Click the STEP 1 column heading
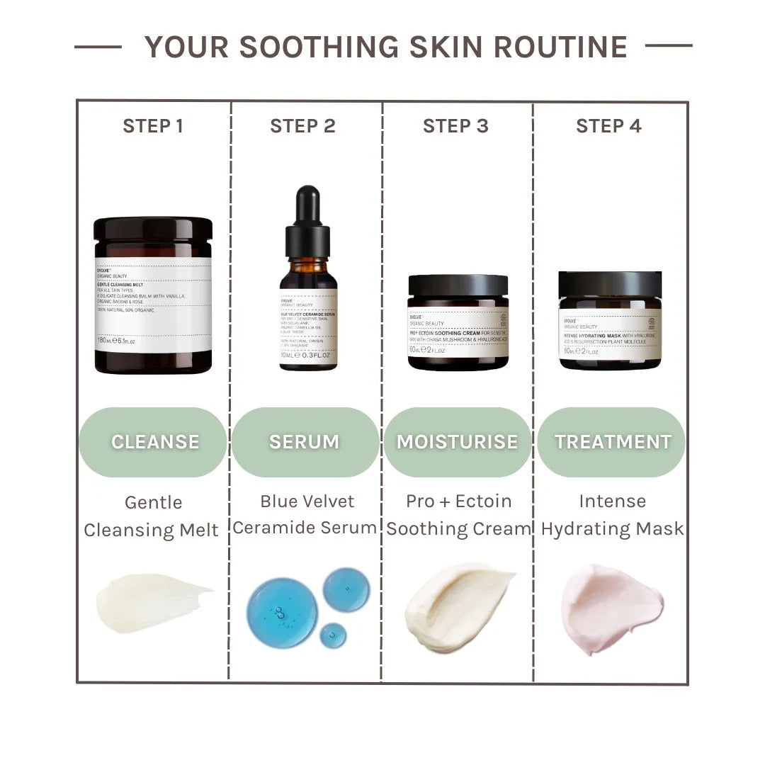point(153,126)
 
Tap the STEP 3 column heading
point(455,126)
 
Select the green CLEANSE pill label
point(154,442)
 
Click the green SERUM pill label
point(305,442)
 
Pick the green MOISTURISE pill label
point(457,442)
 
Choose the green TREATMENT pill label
point(612,442)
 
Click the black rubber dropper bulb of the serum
point(307,205)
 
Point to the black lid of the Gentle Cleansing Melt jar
point(153,229)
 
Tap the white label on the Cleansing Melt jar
point(153,305)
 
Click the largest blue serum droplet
point(282,613)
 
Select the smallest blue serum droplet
point(333,635)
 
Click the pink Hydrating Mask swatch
point(611,608)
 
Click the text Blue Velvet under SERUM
point(307,501)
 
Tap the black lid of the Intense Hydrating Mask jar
point(610,284)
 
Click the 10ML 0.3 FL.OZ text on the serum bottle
point(307,355)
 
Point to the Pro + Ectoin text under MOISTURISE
point(458,501)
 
